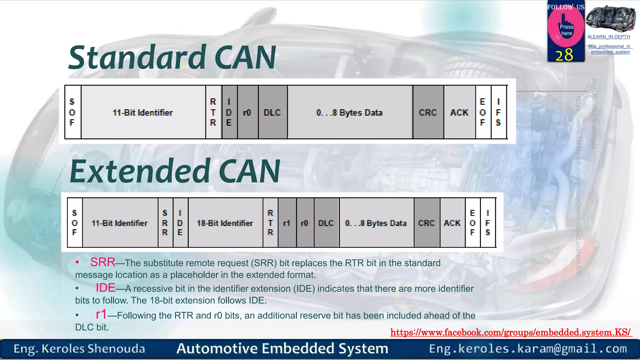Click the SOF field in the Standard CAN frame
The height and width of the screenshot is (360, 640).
tap(72, 112)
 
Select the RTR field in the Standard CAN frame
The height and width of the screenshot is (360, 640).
tap(213, 112)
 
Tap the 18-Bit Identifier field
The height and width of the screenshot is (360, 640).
tap(225, 223)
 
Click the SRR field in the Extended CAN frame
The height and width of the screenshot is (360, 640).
tap(165, 223)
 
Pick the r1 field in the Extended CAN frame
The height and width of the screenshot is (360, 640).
tap(287, 223)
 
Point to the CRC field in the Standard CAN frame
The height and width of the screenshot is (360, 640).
tap(428, 112)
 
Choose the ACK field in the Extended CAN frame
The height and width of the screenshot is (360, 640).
tap(452, 223)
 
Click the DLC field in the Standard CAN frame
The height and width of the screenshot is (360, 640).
tap(272, 112)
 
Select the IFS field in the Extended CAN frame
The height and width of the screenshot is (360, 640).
tap(488, 223)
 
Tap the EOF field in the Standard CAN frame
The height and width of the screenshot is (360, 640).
tap(483, 112)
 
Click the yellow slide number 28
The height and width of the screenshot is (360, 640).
tap(564, 55)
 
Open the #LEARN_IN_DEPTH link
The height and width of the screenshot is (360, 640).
tap(609, 37)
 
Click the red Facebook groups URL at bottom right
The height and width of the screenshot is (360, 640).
tap(511, 332)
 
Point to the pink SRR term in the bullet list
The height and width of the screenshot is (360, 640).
tap(103, 262)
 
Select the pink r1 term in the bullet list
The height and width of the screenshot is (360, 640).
tap(101, 314)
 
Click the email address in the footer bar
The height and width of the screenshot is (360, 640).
tap(528, 348)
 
